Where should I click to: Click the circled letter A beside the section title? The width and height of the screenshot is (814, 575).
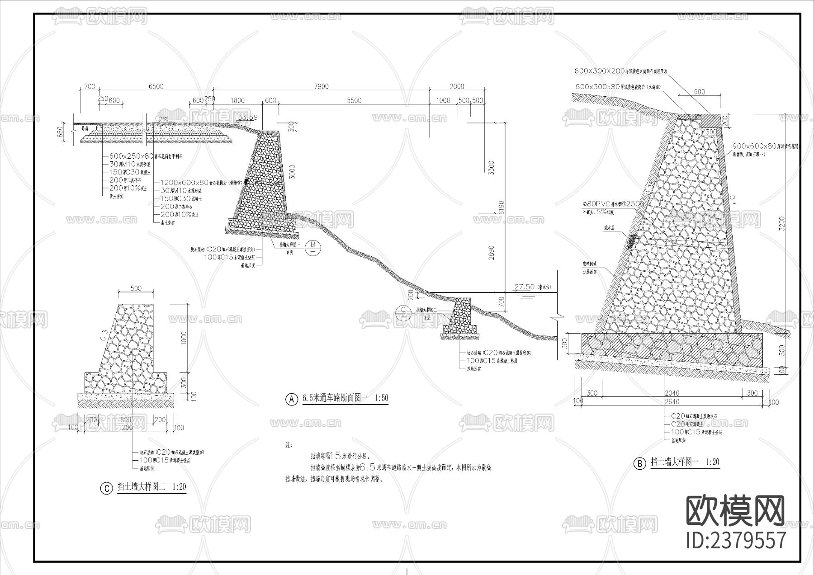292,399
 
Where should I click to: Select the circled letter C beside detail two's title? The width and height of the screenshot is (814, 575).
106,488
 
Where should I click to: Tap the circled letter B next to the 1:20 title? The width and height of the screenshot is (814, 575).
639,464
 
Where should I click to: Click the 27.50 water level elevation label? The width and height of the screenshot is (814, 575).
525,287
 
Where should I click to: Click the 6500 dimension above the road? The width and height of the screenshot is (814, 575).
156,86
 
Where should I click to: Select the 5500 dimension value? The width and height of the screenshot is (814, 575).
354,100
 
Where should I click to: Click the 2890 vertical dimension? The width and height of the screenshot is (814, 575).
492,253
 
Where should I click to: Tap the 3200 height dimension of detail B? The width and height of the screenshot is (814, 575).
782,224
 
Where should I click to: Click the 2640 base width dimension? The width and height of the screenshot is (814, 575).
672,401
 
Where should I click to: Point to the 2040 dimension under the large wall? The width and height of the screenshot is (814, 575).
672,393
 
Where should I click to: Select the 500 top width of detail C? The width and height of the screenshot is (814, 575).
136,288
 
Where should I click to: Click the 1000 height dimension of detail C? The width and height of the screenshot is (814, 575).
183,338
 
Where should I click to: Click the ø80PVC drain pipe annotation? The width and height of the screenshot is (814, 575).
613,204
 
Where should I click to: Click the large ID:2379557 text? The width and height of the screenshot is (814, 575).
736,540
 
